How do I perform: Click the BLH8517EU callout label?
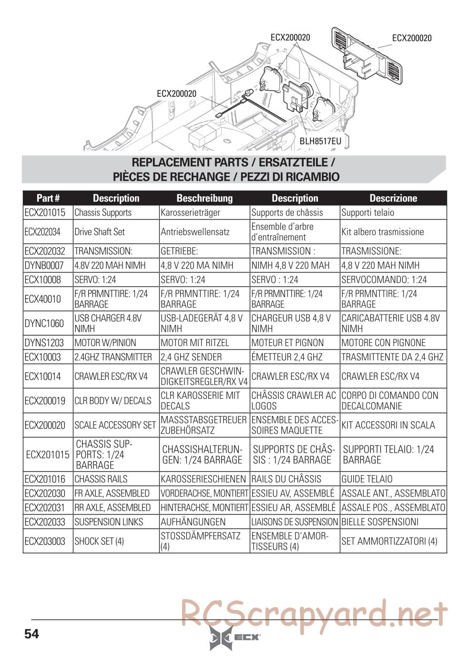click(320, 141)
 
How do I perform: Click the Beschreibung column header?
click(204, 198)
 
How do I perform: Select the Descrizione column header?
click(393, 198)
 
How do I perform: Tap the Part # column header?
click(48, 198)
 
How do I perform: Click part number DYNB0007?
click(44, 265)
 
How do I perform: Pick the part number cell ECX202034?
click(42, 232)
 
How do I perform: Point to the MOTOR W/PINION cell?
click(105, 343)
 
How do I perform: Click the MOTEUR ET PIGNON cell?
click(287, 343)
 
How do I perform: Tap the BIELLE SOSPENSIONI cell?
click(380, 522)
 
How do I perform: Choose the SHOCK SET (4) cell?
click(99, 541)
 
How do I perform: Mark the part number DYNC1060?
click(44, 324)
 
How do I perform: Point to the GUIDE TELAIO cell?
click(367, 479)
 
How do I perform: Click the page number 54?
click(31, 634)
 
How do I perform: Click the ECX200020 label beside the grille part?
click(412, 38)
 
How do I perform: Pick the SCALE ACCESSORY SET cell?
click(115, 425)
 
